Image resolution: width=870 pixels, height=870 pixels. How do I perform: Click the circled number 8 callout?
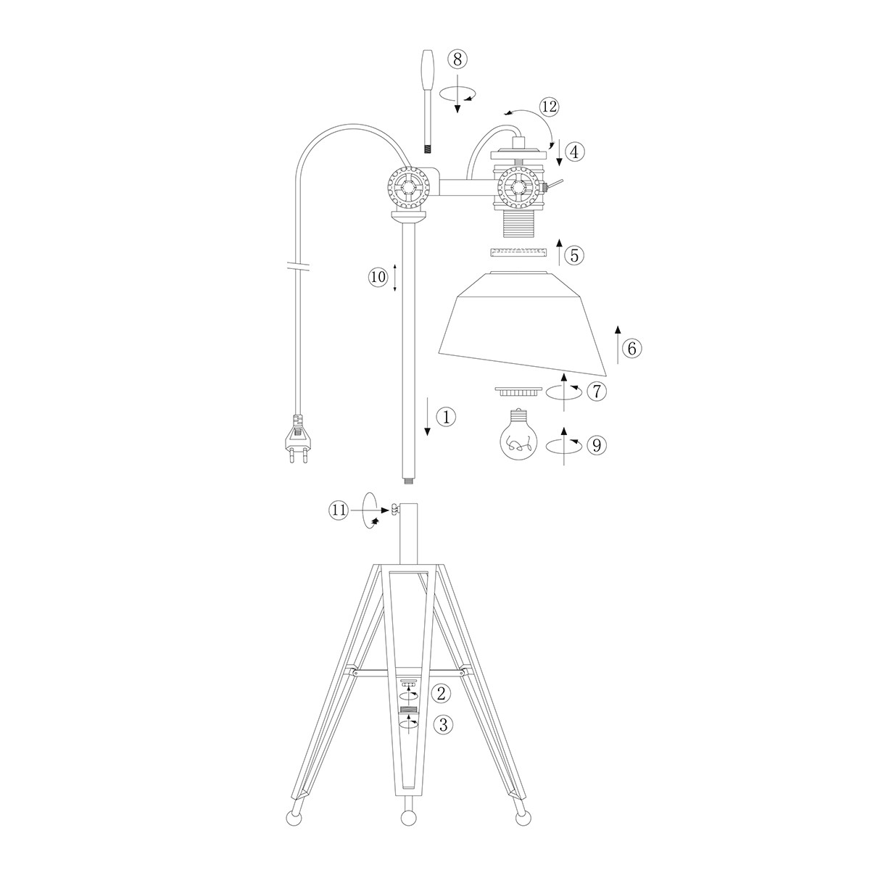pos(457,59)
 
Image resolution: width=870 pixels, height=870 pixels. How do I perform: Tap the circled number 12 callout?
pos(549,107)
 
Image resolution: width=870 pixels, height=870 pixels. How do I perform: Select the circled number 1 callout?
pos(446,417)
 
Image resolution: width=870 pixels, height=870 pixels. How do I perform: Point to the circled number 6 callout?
pos(631,348)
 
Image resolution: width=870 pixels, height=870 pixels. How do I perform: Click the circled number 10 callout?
pos(378,277)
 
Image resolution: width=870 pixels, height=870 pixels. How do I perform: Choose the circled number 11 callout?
pos(339,510)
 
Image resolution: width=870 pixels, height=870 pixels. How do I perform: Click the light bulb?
pos(519,434)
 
